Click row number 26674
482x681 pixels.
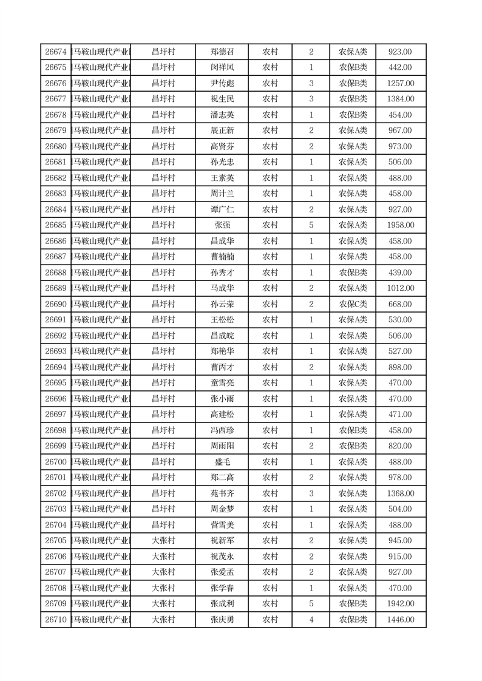point(56,52)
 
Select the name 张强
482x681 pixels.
point(222,225)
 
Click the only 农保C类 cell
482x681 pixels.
point(353,304)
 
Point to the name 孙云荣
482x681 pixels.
point(222,304)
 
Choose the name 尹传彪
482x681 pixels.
point(222,83)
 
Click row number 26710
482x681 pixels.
point(56,620)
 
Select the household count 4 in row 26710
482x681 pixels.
point(311,620)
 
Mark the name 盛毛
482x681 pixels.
point(222,462)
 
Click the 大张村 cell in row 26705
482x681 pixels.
point(163,541)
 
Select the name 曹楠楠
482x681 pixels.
point(222,257)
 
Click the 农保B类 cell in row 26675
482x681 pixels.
point(353,67)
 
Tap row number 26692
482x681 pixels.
point(56,336)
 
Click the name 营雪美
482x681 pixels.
point(222,525)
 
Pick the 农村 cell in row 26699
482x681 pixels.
point(270,446)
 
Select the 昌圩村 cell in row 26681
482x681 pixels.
point(163,162)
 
